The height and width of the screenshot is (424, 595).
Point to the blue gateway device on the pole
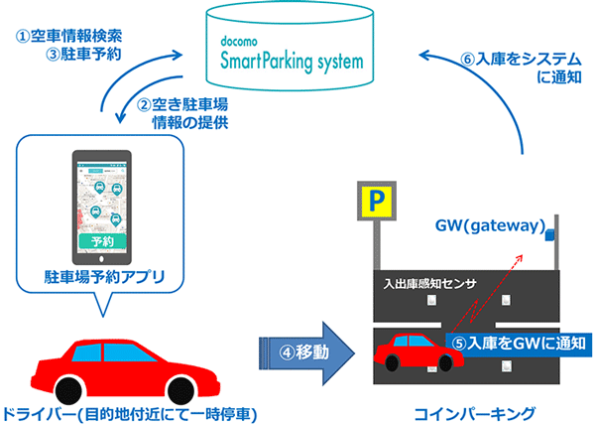tap(545, 234)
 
